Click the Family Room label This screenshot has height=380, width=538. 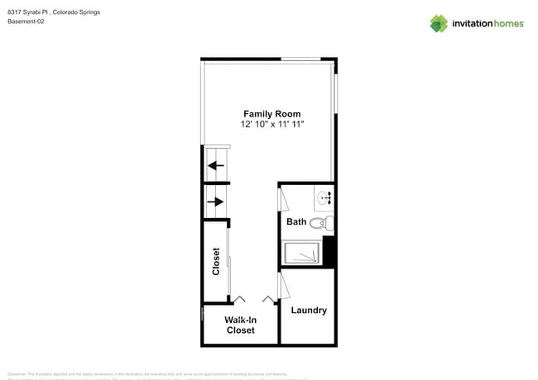271,114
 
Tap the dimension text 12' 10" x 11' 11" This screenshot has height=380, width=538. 271,124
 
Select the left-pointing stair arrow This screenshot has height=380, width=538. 216,165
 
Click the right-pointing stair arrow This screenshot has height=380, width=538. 217,201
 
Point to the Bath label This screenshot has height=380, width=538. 296,222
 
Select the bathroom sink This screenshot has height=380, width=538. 324,197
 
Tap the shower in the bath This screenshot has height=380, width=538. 303,253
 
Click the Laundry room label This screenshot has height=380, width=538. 309,311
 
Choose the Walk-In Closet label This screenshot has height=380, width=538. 241,325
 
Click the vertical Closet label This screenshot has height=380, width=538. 216,262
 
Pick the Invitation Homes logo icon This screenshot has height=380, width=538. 439,24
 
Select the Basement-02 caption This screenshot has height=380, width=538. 26,21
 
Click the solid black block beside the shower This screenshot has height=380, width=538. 328,249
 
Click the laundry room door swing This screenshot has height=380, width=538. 283,286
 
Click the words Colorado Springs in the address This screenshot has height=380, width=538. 82,12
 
